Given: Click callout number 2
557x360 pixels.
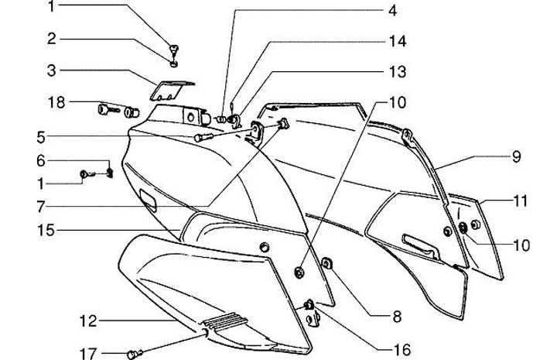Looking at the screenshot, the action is coord(51,38).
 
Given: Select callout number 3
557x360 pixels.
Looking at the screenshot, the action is coord(51,71).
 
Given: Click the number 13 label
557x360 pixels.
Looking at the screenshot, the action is coord(397,71).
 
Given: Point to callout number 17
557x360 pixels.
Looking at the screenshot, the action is coord(89,353).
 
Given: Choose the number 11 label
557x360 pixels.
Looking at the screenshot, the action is coord(520,201).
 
